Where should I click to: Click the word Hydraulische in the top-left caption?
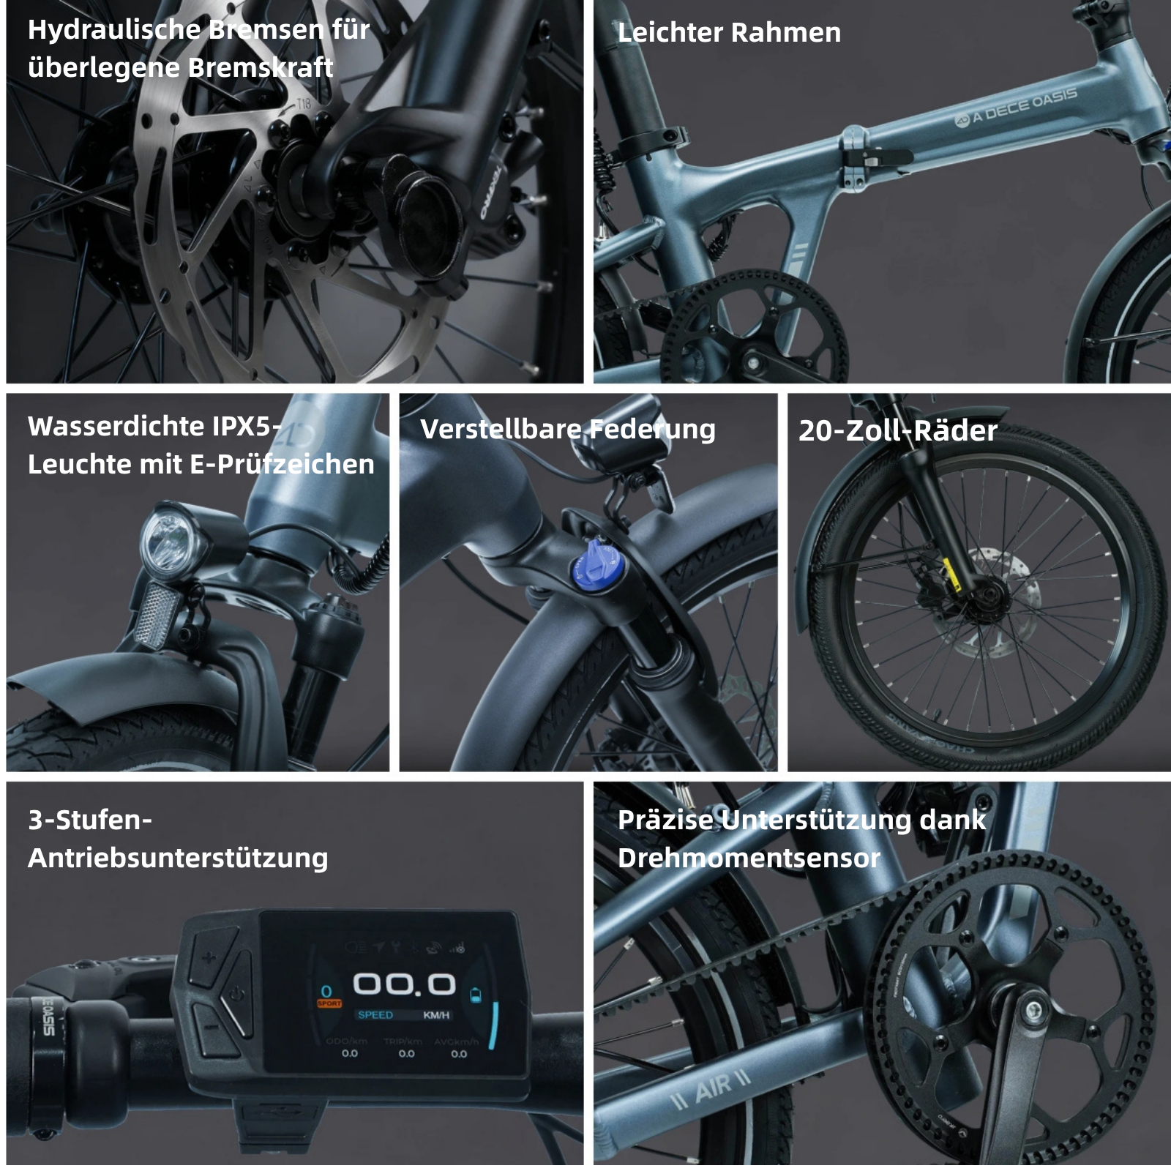coord(113,30)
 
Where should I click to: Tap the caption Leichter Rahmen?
coord(729,33)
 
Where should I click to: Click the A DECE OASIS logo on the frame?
coord(1017,107)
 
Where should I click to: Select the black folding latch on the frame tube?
coord(882,157)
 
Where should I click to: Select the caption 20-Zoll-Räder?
coord(897,430)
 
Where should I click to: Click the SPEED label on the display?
coord(375,1015)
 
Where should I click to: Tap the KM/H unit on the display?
coord(436,1015)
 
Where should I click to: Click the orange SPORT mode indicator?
coord(329,1003)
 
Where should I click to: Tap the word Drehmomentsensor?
coord(748,858)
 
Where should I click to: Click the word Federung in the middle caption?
coord(653,429)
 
